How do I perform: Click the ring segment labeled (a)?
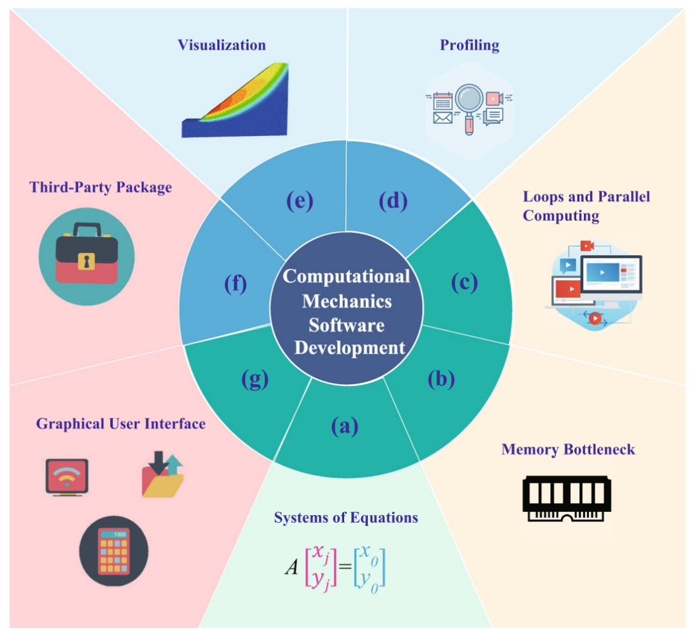[x=344, y=426]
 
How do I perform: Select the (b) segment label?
[x=441, y=379]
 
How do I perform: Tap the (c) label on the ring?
[x=464, y=282]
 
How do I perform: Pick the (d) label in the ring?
[x=392, y=201]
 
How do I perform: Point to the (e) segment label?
[x=299, y=201]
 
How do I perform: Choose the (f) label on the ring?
[x=235, y=283]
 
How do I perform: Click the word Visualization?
[x=222, y=45]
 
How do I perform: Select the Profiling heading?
[x=469, y=45]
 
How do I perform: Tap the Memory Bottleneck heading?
[x=568, y=449]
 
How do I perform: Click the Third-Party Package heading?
[x=101, y=188]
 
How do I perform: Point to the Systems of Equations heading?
[x=346, y=518]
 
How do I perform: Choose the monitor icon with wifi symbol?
[x=67, y=477]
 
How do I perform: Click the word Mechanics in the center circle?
[x=347, y=300]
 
